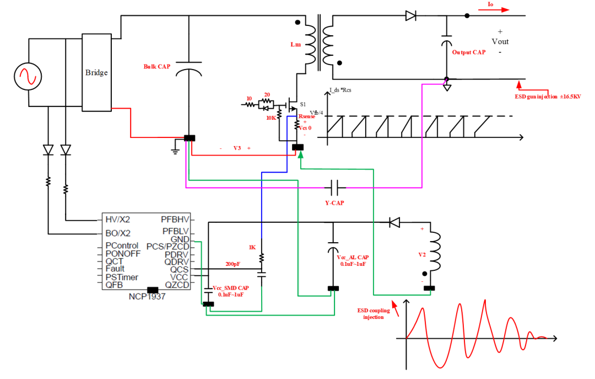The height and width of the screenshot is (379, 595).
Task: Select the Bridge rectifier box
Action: click(x=96, y=72)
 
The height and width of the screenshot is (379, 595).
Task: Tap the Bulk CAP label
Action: click(x=157, y=67)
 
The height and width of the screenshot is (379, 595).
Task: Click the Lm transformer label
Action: click(x=295, y=45)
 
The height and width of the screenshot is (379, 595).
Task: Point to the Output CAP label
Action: click(x=469, y=52)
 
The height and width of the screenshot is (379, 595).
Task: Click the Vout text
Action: click(x=500, y=41)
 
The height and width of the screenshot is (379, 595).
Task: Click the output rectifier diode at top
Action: click(x=410, y=16)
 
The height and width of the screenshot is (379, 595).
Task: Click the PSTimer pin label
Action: click(x=122, y=277)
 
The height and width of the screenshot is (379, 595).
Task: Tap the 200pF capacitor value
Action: click(x=232, y=264)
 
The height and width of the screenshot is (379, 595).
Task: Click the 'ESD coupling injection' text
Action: click(x=374, y=314)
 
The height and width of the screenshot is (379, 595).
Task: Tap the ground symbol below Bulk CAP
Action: click(x=175, y=151)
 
